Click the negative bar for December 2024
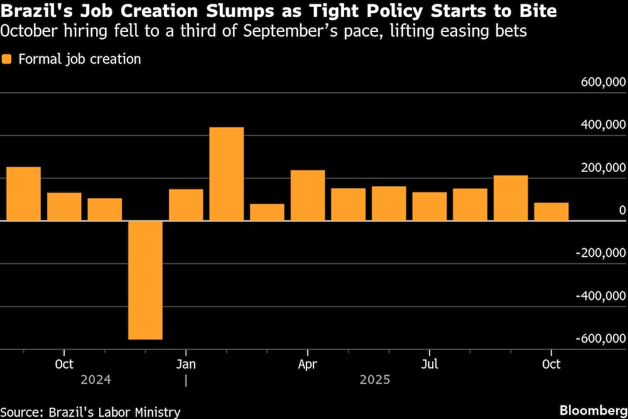(x=145, y=280)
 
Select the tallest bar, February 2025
(x=226, y=174)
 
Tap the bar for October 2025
(x=551, y=211)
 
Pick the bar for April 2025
(x=308, y=195)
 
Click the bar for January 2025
(x=186, y=204)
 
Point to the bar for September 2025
(x=511, y=198)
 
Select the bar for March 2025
(x=267, y=212)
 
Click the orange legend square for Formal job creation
(x=8, y=60)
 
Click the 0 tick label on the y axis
(x=622, y=210)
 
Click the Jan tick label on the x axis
(x=186, y=364)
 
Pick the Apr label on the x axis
(x=308, y=364)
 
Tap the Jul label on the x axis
(x=430, y=364)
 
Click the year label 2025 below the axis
(x=375, y=379)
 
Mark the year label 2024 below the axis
(x=96, y=379)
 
